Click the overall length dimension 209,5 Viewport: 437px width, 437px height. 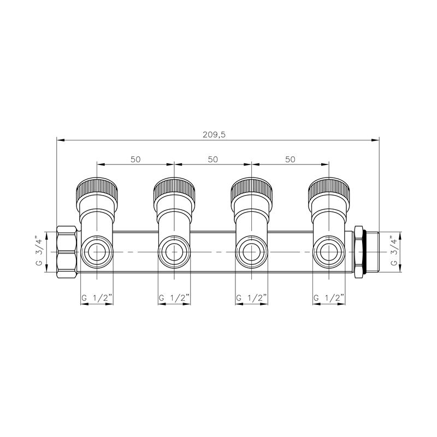[x=214, y=135]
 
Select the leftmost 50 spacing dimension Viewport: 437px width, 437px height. [x=135, y=160]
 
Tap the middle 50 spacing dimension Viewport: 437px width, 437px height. [x=213, y=160]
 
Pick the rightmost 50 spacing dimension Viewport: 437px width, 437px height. [x=290, y=160]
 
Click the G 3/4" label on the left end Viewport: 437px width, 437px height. [x=39, y=251]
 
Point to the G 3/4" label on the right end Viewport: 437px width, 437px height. [x=393, y=251]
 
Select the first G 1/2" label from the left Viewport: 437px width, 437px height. [x=97, y=298]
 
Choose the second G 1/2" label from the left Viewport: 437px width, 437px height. [x=174, y=298]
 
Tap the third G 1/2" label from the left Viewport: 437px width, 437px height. [x=251, y=298]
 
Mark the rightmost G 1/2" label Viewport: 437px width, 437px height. [x=329, y=298]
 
